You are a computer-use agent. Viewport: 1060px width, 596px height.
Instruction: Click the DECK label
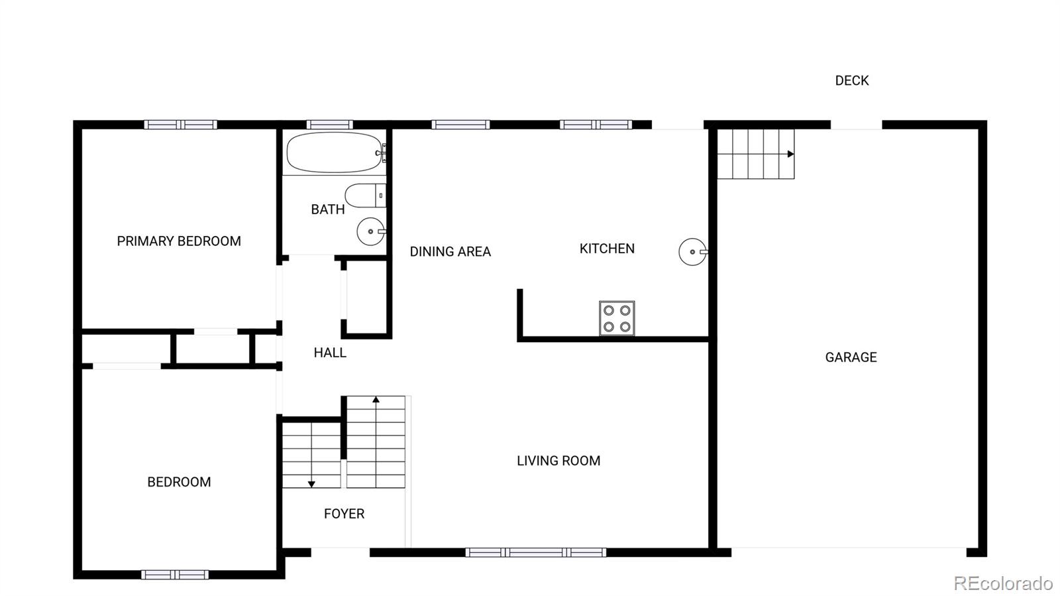point(851,81)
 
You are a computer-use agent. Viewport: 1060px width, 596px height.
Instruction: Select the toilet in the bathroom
point(364,196)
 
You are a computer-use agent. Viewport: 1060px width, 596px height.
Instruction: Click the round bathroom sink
point(370,231)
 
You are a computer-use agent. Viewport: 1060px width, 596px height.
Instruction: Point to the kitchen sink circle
point(692,252)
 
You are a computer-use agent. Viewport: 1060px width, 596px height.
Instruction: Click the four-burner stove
point(617,318)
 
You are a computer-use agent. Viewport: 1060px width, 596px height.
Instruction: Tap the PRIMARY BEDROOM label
point(179,241)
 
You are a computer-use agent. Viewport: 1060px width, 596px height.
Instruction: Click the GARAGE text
point(851,357)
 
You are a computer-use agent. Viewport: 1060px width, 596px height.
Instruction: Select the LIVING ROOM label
point(558,461)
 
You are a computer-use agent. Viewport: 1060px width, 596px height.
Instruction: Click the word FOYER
point(344,514)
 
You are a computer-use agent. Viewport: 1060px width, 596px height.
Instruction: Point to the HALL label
point(330,353)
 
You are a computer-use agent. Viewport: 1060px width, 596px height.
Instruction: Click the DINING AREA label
point(450,252)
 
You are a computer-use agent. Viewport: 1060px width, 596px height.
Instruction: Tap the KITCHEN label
point(607,249)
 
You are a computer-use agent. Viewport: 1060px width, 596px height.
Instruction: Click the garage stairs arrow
point(790,154)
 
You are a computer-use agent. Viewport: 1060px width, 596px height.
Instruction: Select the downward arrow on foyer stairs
point(311,484)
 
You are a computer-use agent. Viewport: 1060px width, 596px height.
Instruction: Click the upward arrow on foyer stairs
point(376,400)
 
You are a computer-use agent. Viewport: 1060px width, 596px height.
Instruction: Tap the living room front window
point(535,552)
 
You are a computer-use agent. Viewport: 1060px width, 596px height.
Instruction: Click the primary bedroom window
point(181,125)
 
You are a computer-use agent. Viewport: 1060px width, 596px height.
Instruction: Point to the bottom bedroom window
point(175,574)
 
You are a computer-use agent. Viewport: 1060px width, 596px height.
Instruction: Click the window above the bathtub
point(329,125)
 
